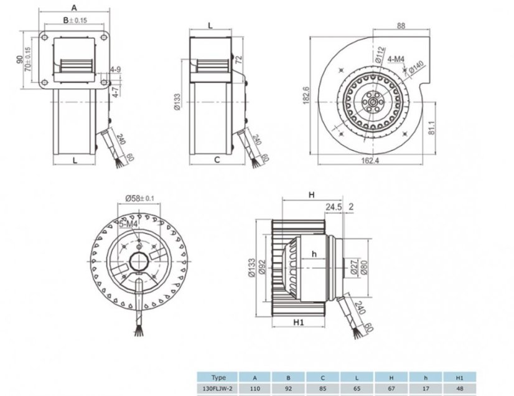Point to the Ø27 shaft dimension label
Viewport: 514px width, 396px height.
pos(353,268)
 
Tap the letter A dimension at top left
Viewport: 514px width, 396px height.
pos(74,8)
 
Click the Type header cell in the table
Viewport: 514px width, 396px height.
pos(219,377)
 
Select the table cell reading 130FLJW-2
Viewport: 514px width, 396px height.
pos(219,389)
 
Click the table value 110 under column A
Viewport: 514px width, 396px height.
pos(255,389)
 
